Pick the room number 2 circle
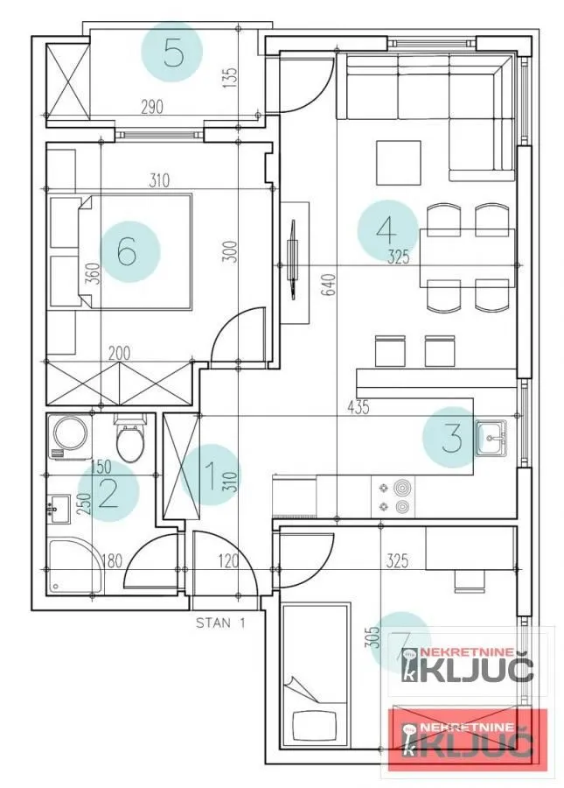click(x=108, y=492)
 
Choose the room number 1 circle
click(x=210, y=474)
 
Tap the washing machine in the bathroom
click(x=69, y=436)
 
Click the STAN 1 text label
click(x=219, y=623)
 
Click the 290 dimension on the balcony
click(x=153, y=108)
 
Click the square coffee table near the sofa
click(x=399, y=163)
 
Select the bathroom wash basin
click(x=59, y=508)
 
